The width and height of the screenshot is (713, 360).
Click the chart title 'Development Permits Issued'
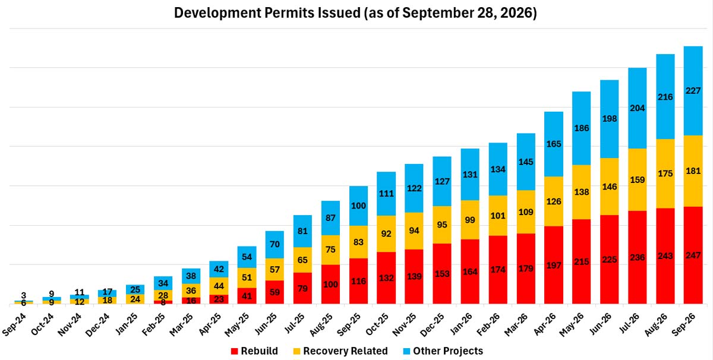click(x=267, y=13)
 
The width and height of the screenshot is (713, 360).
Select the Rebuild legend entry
click(x=254, y=350)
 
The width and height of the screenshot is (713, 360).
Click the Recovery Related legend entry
click(x=340, y=350)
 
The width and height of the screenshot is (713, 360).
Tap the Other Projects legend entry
click(x=443, y=350)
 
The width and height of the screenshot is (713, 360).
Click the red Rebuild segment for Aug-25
click(x=330, y=284)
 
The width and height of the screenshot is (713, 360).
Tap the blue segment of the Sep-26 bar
click(x=693, y=91)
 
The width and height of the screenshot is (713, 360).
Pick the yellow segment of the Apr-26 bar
click(x=554, y=201)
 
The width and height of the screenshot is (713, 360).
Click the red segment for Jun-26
click(x=609, y=260)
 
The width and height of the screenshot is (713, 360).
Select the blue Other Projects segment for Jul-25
click(x=302, y=231)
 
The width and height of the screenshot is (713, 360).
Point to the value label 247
click(x=693, y=255)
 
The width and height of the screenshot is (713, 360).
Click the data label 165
click(x=554, y=144)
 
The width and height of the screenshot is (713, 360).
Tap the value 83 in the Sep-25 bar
click(x=358, y=242)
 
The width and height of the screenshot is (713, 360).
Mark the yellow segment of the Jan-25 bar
click(x=135, y=299)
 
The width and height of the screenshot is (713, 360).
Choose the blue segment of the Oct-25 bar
click(x=386, y=194)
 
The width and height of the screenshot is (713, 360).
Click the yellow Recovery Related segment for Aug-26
click(x=665, y=173)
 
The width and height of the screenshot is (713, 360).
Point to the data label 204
click(x=637, y=108)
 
